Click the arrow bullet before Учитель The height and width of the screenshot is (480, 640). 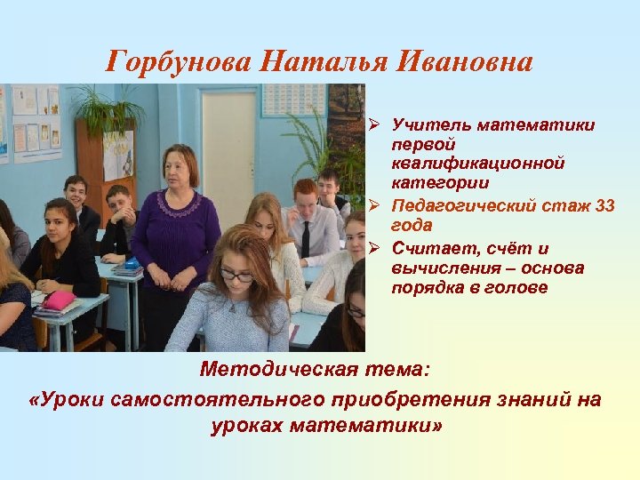pyautogui.click(x=376, y=125)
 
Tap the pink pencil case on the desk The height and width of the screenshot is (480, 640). pyautogui.click(x=58, y=300)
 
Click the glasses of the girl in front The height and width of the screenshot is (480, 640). pyautogui.click(x=236, y=276)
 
